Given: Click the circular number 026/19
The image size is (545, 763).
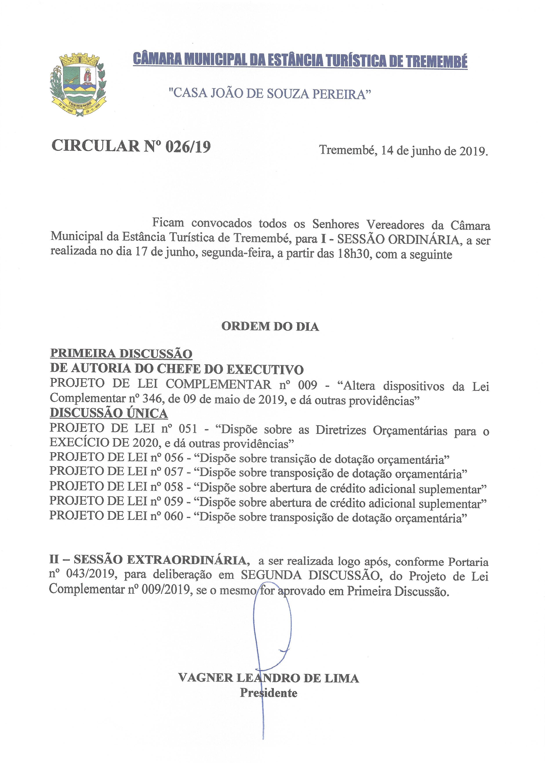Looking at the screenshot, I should coord(188,147).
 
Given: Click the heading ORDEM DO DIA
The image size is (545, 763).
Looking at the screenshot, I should coord(270,327).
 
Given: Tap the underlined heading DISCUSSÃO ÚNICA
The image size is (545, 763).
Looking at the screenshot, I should coord(109,413).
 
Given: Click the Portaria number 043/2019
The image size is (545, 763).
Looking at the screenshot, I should coord(88,576).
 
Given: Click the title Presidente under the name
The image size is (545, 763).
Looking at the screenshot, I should coord(269,693).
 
